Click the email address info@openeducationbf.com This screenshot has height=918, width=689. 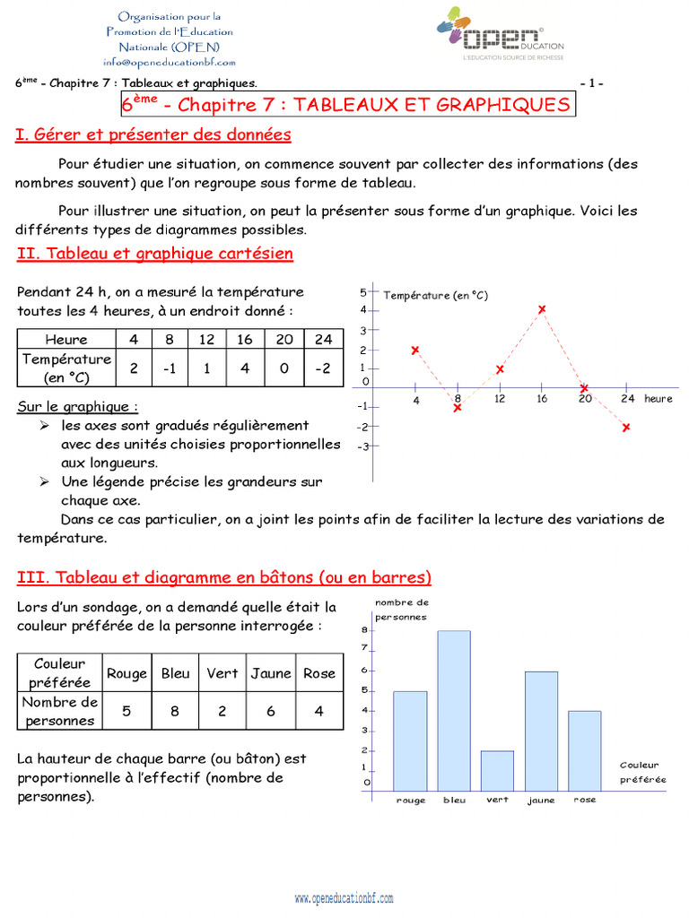pyautogui.click(x=170, y=62)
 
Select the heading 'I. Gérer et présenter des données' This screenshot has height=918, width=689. pyautogui.click(x=153, y=134)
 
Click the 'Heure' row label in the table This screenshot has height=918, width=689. pyautogui.click(x=67, y=339)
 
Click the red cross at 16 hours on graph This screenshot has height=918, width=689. pyautogui.click(x=542, y=309)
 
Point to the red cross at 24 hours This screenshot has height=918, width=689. pyautogui.click(x=626, y=428)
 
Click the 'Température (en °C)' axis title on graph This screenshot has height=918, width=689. pyautogui.click(x=435, y=295)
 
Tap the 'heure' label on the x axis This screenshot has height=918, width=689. pyautogui.click(x=658, y=399)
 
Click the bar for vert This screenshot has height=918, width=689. pyautogui.click(x=497, y=769)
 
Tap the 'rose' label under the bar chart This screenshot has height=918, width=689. pyautogui.click(x=584, y=800)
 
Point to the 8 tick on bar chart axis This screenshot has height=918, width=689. pyautogui.click(x=365, y=629)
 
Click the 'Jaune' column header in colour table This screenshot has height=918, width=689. pyautogui.click(x=271, y=673)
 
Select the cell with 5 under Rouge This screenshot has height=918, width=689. pyautogui.click(x=126, y=711)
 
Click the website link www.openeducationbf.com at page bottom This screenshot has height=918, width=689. pyautogui.click(x=344, y=898)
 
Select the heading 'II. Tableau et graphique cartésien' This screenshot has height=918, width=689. pyautogui.click(x=155, y=254)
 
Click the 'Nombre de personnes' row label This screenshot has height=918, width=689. pyautogui.click(x=60, y=711)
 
